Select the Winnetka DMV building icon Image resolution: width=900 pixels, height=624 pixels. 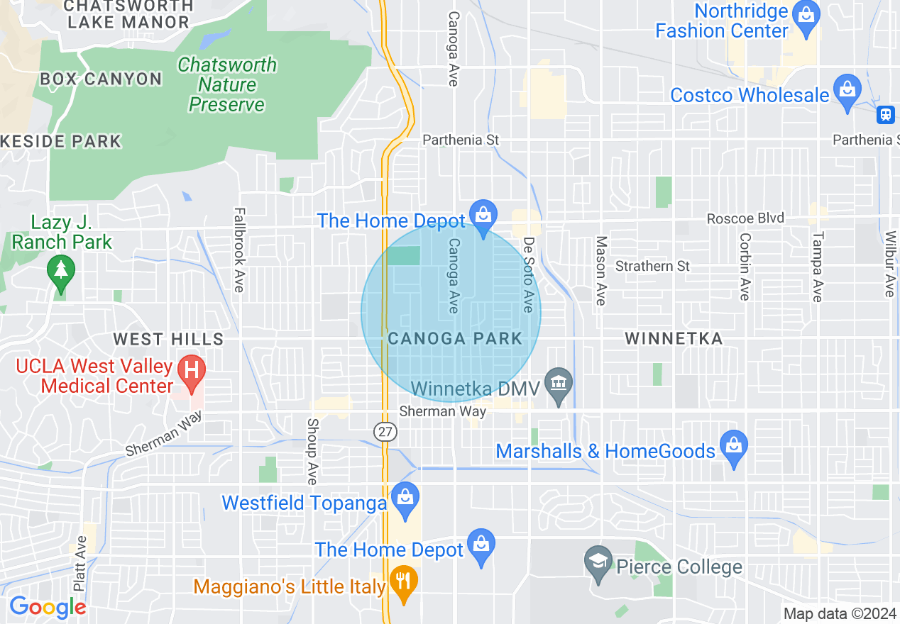click(559, 384)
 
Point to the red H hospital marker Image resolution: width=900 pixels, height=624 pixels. click(191, 370)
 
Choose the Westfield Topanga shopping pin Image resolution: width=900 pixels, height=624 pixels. click(405, 497)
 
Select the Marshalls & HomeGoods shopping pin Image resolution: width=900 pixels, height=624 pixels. click(734, 445)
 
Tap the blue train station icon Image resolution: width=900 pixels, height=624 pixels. click(885, 113)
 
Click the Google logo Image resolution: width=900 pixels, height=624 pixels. click(48, 607)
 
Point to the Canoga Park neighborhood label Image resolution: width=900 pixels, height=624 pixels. click(455, 338)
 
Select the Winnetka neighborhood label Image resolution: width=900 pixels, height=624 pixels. click(674, 338)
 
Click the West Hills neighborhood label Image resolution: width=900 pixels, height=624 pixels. click(168, 339)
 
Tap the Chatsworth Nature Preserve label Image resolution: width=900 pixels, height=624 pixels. click(227, 84)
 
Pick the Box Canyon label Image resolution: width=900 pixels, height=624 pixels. click(101, 79)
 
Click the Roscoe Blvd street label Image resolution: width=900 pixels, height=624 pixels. click(745, 218)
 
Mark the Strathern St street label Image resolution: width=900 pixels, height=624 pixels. click(652, 266)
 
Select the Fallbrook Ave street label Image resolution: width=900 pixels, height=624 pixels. click(238, 250)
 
